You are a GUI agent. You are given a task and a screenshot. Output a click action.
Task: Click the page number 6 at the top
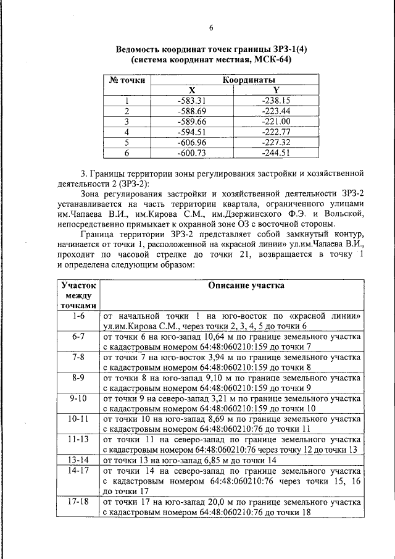point(210,27)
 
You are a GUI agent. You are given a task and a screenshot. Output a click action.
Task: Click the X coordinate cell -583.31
point(191,100)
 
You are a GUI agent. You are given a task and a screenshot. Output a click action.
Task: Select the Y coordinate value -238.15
point(276,100)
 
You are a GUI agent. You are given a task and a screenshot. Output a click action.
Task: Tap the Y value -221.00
point(276,121)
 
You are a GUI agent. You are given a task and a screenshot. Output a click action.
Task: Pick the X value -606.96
point(191,142)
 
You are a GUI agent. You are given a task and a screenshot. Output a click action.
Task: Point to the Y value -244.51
point(276,153)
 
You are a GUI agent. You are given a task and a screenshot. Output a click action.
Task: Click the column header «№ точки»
point(127,80)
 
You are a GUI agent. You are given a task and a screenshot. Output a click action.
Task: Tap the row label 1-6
point(78,316)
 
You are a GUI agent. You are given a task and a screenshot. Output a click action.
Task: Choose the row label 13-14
point(78,460)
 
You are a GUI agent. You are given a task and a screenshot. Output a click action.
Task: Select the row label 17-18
point(78,502)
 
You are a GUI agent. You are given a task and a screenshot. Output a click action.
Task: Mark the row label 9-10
point(78,398)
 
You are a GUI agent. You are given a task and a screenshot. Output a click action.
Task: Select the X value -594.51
point(191,132)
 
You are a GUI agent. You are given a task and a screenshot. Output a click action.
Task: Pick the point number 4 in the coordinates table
point(127,132)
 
